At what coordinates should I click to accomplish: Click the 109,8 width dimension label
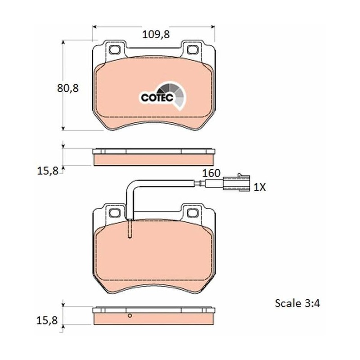tap(156, 35)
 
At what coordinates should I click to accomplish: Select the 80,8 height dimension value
tap(68, 88)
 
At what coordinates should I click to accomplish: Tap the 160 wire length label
tap(211, 173)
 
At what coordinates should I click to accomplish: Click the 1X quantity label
tap(260, 188)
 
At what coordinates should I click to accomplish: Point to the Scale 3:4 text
tap(297, 303)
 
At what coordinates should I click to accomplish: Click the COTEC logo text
tap(157, 98)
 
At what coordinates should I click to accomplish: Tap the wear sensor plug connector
tap(236, 183)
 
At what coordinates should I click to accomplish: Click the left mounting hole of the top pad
tap(114, 49)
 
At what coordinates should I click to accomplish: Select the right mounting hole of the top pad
tap(193, 49)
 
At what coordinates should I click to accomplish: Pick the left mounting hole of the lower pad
tap(114, 213)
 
